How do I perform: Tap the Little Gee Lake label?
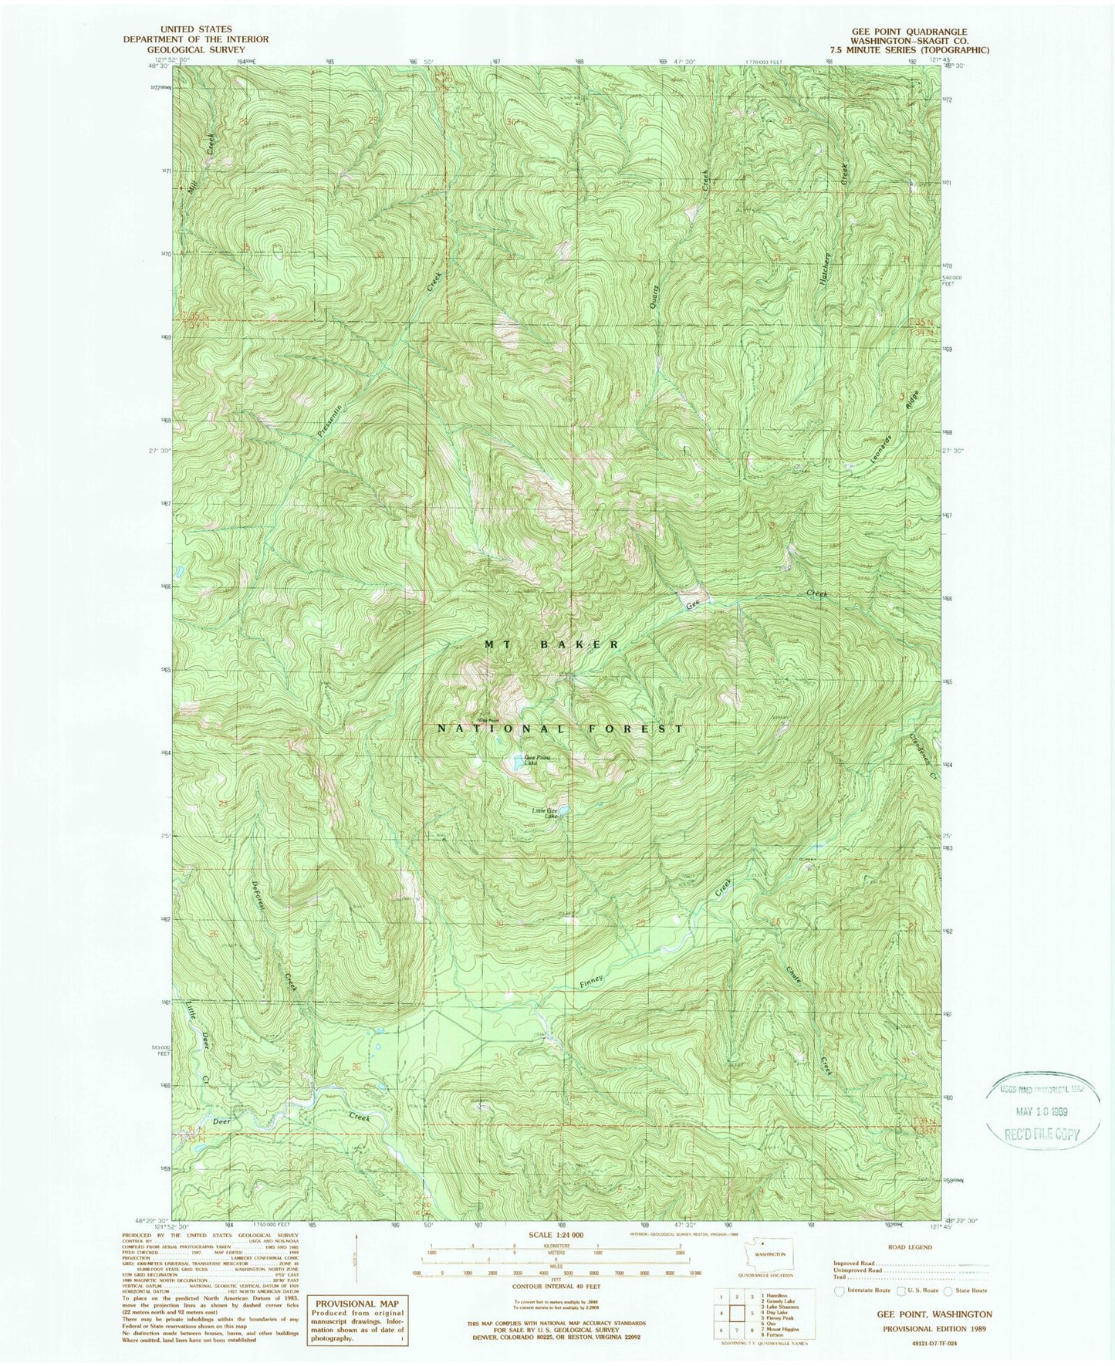(x=544, y=813)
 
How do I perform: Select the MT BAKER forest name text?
(x=551, y=644)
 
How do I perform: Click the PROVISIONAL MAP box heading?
(x=355, y=1303)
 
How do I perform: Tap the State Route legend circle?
(x=948, y=1290)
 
